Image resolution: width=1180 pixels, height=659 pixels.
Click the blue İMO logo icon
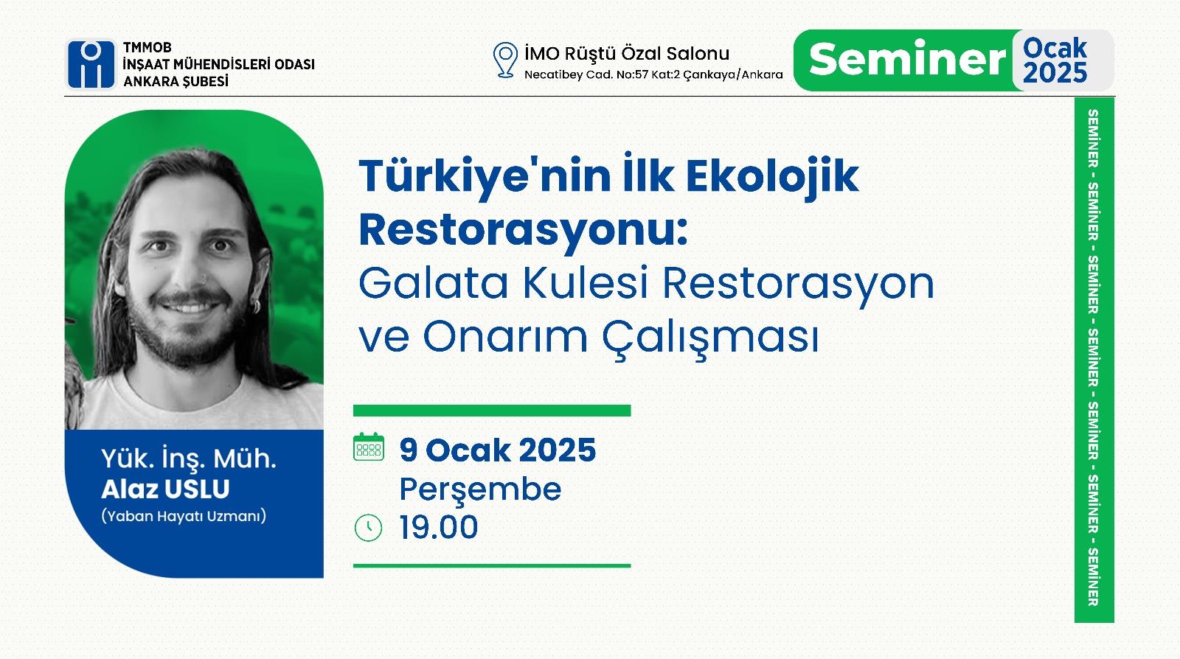point(91,64)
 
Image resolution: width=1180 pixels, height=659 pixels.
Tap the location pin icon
point(505,60)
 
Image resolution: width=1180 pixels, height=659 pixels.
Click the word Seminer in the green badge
point(907,59)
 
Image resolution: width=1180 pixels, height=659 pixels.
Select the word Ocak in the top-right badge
point(1055,49)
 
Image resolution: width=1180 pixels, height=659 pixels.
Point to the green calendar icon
point(368,447)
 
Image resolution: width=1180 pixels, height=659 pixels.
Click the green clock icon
point(368,527)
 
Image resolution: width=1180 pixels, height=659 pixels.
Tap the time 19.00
point(438,527)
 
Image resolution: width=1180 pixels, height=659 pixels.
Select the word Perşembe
point(480,489)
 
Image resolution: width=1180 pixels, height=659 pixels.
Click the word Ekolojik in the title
point(771,176)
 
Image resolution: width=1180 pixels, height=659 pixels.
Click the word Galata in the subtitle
point(433,283)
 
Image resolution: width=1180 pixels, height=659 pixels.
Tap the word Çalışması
point(711,338)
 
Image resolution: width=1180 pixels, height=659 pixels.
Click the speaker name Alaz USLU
point(165,489)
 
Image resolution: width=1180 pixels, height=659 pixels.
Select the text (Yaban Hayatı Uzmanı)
point(184,516)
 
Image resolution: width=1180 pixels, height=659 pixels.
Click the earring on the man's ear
point(257,305)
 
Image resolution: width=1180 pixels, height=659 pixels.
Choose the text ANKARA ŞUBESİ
point(176,82)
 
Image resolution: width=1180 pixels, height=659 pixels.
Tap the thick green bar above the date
point(492,411)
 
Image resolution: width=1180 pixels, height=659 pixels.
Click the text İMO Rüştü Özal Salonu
point(627,54)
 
